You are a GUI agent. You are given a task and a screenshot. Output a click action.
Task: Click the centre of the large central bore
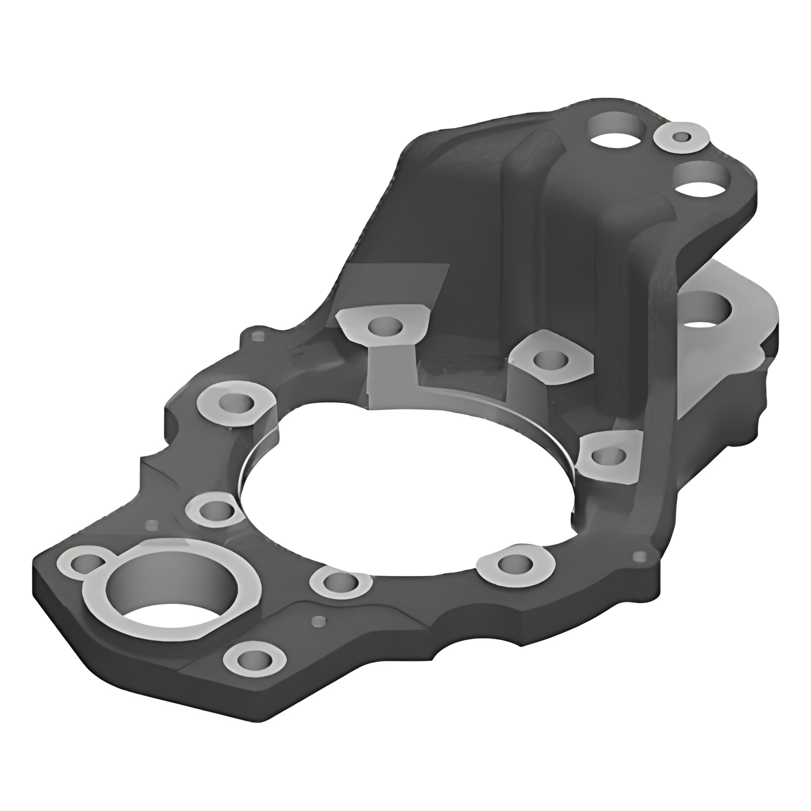[408, 488]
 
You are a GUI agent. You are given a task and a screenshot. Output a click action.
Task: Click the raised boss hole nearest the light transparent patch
[384, 326]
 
